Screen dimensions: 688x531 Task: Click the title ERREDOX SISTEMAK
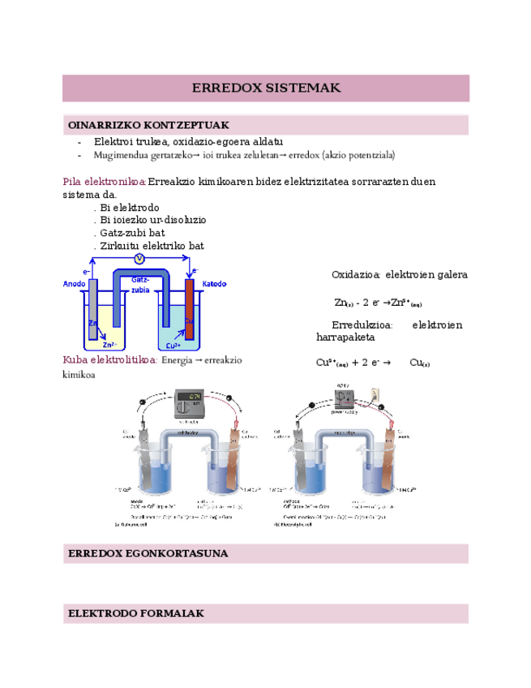(266, 88)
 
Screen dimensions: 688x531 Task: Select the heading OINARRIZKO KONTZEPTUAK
(148, 125)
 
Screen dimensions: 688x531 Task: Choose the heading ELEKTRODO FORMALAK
(136, 613)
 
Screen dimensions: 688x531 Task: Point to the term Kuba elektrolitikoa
(110, 359)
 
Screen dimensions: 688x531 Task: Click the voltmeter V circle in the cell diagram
(139, 258)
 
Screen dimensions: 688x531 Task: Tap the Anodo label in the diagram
(75, 284)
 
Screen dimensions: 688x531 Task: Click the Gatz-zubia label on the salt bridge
(140, 284)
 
